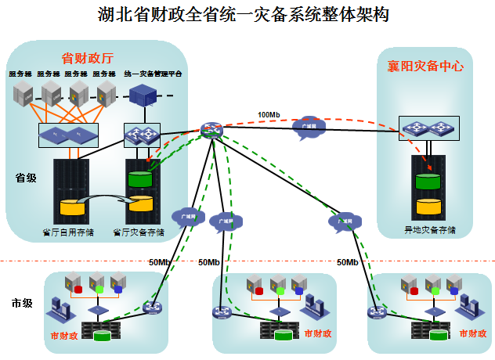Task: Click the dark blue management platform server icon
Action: (143, 95)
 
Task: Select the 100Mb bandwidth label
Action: (269, 115)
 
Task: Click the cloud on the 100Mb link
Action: (309, 128)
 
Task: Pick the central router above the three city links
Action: (211, 131)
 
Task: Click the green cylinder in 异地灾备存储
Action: (428, 182)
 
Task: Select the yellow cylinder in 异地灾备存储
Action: (428, 207)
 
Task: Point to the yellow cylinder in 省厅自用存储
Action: (72, 209)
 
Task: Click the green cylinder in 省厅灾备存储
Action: (139, 179)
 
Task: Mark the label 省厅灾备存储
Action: (139, 232)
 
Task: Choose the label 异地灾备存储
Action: (428, 231)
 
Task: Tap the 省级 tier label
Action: (26, 178)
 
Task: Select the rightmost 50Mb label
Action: (348, 262)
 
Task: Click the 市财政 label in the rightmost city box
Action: (466, 333)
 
